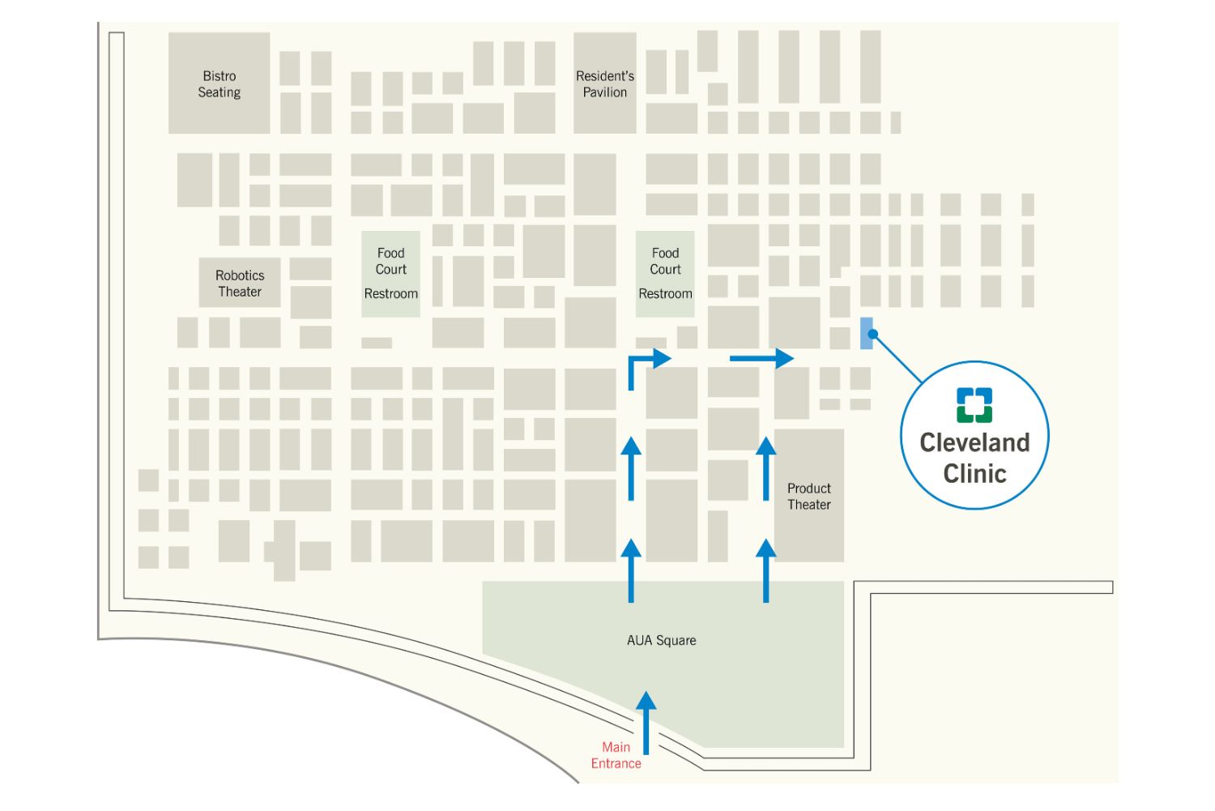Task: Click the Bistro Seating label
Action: click(x=219, y=84)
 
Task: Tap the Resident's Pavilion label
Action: click(x=605, y=84)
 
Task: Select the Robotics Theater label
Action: click(x=240, y=284)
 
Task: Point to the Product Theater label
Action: click(x=808, y=497)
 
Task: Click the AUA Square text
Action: click(x=661, y=640)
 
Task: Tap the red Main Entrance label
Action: click(x=616, y=755)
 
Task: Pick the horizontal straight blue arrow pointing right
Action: click(x=761, y=358)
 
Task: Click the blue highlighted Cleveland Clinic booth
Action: click(x=866, y=333)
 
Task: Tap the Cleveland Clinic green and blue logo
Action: click(x=974, y=405)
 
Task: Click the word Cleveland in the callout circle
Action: click(x=974, y=442)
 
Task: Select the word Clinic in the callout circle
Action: click(x=974, y=473)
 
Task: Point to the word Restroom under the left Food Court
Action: click(x=390, y=293)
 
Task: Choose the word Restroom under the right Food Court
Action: click(x=665, y=293)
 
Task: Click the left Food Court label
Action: click(x=390, y=261)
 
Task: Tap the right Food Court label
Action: click(x=665, y=261)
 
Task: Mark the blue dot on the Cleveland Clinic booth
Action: click(x=872, y=333)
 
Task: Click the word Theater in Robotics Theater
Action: click(x=240, y=292)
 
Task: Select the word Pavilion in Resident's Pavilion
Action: click(x=605, y=92)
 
